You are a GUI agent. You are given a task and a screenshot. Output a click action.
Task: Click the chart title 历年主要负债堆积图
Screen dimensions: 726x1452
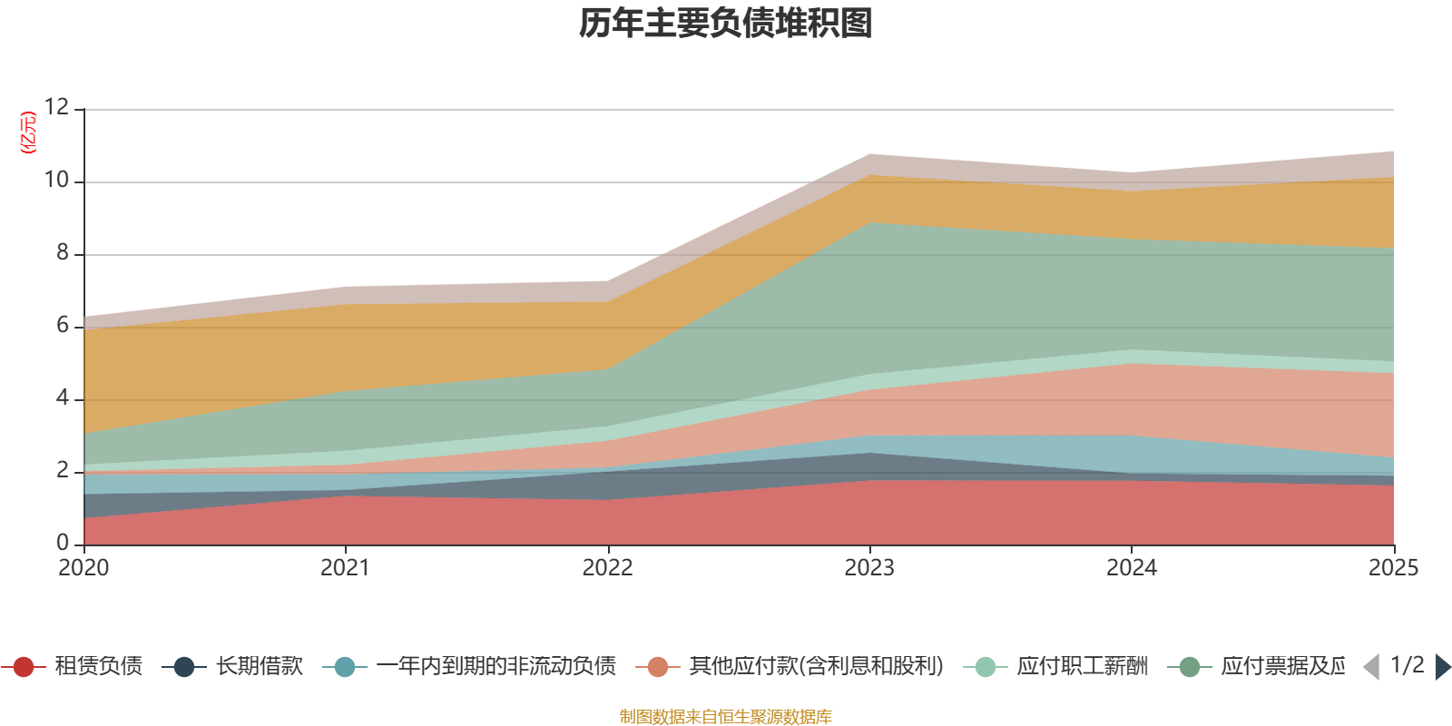click(x=726, y=24)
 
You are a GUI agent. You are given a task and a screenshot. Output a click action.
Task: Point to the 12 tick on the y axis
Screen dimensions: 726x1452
click(x=56, y=107)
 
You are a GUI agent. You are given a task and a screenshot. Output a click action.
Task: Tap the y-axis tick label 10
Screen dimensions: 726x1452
click(x=56, y=180)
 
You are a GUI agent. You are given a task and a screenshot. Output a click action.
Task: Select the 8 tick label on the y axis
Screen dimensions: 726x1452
click(x=62, y=252)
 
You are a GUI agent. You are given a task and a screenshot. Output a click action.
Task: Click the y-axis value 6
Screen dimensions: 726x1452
click(x=62, y=325)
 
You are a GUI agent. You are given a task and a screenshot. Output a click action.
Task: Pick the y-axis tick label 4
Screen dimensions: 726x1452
click(x=62, y=397)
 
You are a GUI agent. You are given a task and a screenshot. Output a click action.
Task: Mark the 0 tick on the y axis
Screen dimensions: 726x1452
click(x=62, y=543)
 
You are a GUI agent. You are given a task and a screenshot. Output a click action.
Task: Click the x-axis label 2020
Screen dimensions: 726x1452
click(x=83, y=568)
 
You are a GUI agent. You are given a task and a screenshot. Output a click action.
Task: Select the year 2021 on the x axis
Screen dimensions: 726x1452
click(x=345, y=568)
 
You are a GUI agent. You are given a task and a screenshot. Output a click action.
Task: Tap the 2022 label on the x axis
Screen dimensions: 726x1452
click(x=607, y=568)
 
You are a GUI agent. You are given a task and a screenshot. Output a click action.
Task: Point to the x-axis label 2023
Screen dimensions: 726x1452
click(x=869, y=568)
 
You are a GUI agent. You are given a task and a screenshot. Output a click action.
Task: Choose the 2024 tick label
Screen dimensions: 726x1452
click(x=1131, y=568)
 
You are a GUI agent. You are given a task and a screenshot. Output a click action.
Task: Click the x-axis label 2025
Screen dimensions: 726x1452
click(x=1393, y=568)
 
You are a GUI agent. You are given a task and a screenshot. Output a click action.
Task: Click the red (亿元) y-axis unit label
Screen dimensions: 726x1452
click(x=28, y=132)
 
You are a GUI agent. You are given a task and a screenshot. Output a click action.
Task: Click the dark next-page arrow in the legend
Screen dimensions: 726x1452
click(x=1443, y=667)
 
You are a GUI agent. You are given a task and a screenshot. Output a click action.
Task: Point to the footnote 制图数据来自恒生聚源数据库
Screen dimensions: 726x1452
click(x=726, y=717)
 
